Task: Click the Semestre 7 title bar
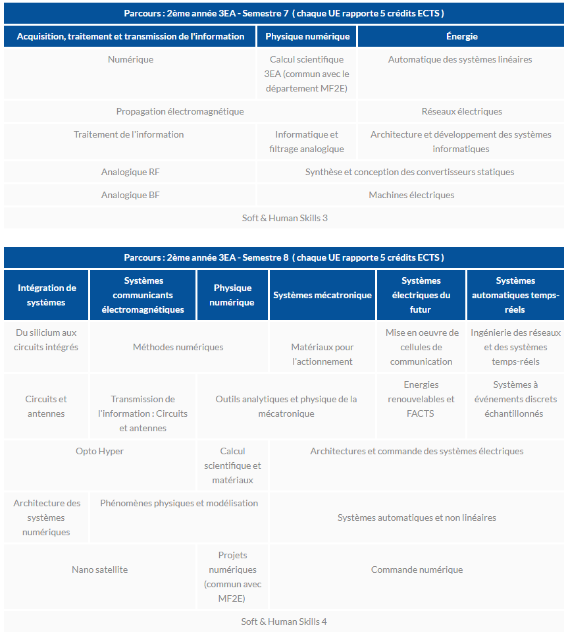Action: click(x=284, y=13)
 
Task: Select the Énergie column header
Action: click(x=461, y=36)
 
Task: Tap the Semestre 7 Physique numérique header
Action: click(x=307, y=36)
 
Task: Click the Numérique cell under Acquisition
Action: click(x=130, y=59)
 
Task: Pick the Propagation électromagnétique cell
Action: click(x=180, y=111)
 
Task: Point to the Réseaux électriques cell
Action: click(x=461, y=111)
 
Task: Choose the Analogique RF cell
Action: click(x=130, y=172)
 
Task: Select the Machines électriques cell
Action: click(x=411, y=195)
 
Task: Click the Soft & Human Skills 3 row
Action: click(x=284, y=218)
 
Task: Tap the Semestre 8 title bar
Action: click(x=284, y=257)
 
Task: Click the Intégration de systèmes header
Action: click(x=47, y=295)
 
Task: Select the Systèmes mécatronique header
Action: click(x=323, y=295)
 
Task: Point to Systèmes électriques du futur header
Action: click(x=421, y=295)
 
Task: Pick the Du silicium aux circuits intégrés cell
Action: click(x=46, y=340)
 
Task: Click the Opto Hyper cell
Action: click(x=99, y=451)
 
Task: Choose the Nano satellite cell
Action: click(x=99, y=569)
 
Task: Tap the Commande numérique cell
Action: click(x=417, y=569)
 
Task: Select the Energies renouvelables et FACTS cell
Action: click(x=421, y=399)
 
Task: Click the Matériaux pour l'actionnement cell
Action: click(x=323, y=354)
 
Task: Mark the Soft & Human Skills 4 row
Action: click(x=284, y=621)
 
